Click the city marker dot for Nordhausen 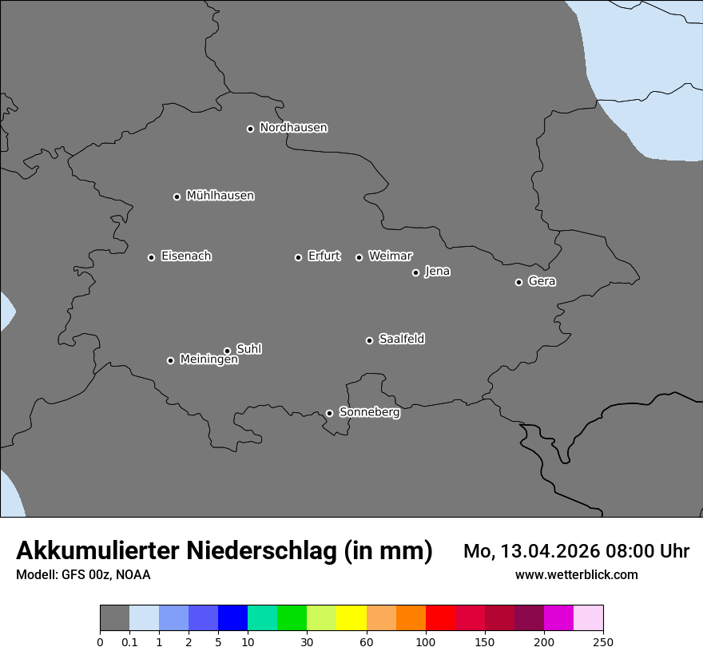pyautogui.click(x=250, y=129)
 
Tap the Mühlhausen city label pyautogui.click(x=220, y=196)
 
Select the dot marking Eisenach pyautogui.click(x=151, y=257)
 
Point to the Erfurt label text pyautogui.click(x=324, y=256)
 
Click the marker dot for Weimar pyautogui.click(x=359, y=257)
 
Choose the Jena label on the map pyautogui.click(x=437, y=272)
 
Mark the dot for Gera pyautogui.click(x=518, y=282)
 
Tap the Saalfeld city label pyautogui.click(x=401, y=339)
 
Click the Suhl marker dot pyautogui.click(x=227, y=351)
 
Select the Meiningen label pyautogui.click(x=209, y=360)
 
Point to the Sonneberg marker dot pyautogui.click(x=329, y=413)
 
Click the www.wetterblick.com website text pyautogui.click(x=576, y=575)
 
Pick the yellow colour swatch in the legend pyautogui.click(x=351, y=618)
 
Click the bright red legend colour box pyautogui.click(x=440, y=618)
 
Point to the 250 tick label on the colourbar pyautogui.click(x=603, y=642)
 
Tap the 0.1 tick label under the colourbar pyautogui.click(x=129, y=642)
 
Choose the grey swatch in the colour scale pyautogui.click(x=114, y=618)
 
